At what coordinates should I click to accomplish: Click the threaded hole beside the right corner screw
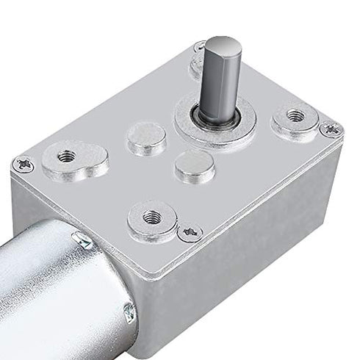pyautogui.click(x=295, y=116)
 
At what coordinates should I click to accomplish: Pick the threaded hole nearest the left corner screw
pyautogui.click(x=66, y=156)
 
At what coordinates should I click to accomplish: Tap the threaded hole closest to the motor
pyautogui.click(x=152, y=216)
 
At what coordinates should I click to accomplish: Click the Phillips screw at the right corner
pyautogui.click(x=330, y=130)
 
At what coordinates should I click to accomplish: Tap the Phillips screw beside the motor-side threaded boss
pyautogui.click(x=190, y=233)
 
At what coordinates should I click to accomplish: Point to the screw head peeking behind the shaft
pyautogui.click(x=199, y=47)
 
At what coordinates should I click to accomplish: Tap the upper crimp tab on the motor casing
pyautogui.click(x=82, y=240)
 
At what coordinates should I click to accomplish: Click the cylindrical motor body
pyautogui.click(x=51, y=294)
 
